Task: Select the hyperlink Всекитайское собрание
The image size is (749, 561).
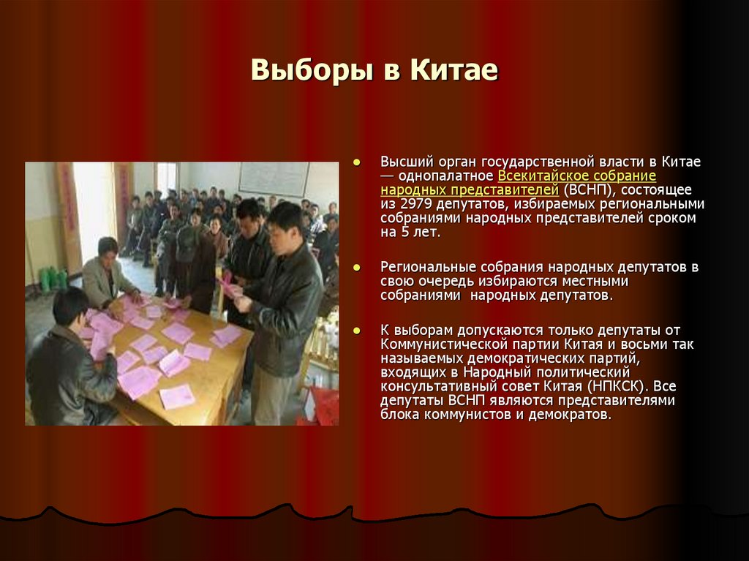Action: tap(576, 176)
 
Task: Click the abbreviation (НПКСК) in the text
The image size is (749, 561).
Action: tap(620, 386)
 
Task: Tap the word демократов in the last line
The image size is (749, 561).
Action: tap(576, 415)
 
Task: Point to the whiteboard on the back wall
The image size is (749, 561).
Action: tap(274, 179)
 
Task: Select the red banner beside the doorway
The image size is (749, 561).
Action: tap(69, 212)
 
